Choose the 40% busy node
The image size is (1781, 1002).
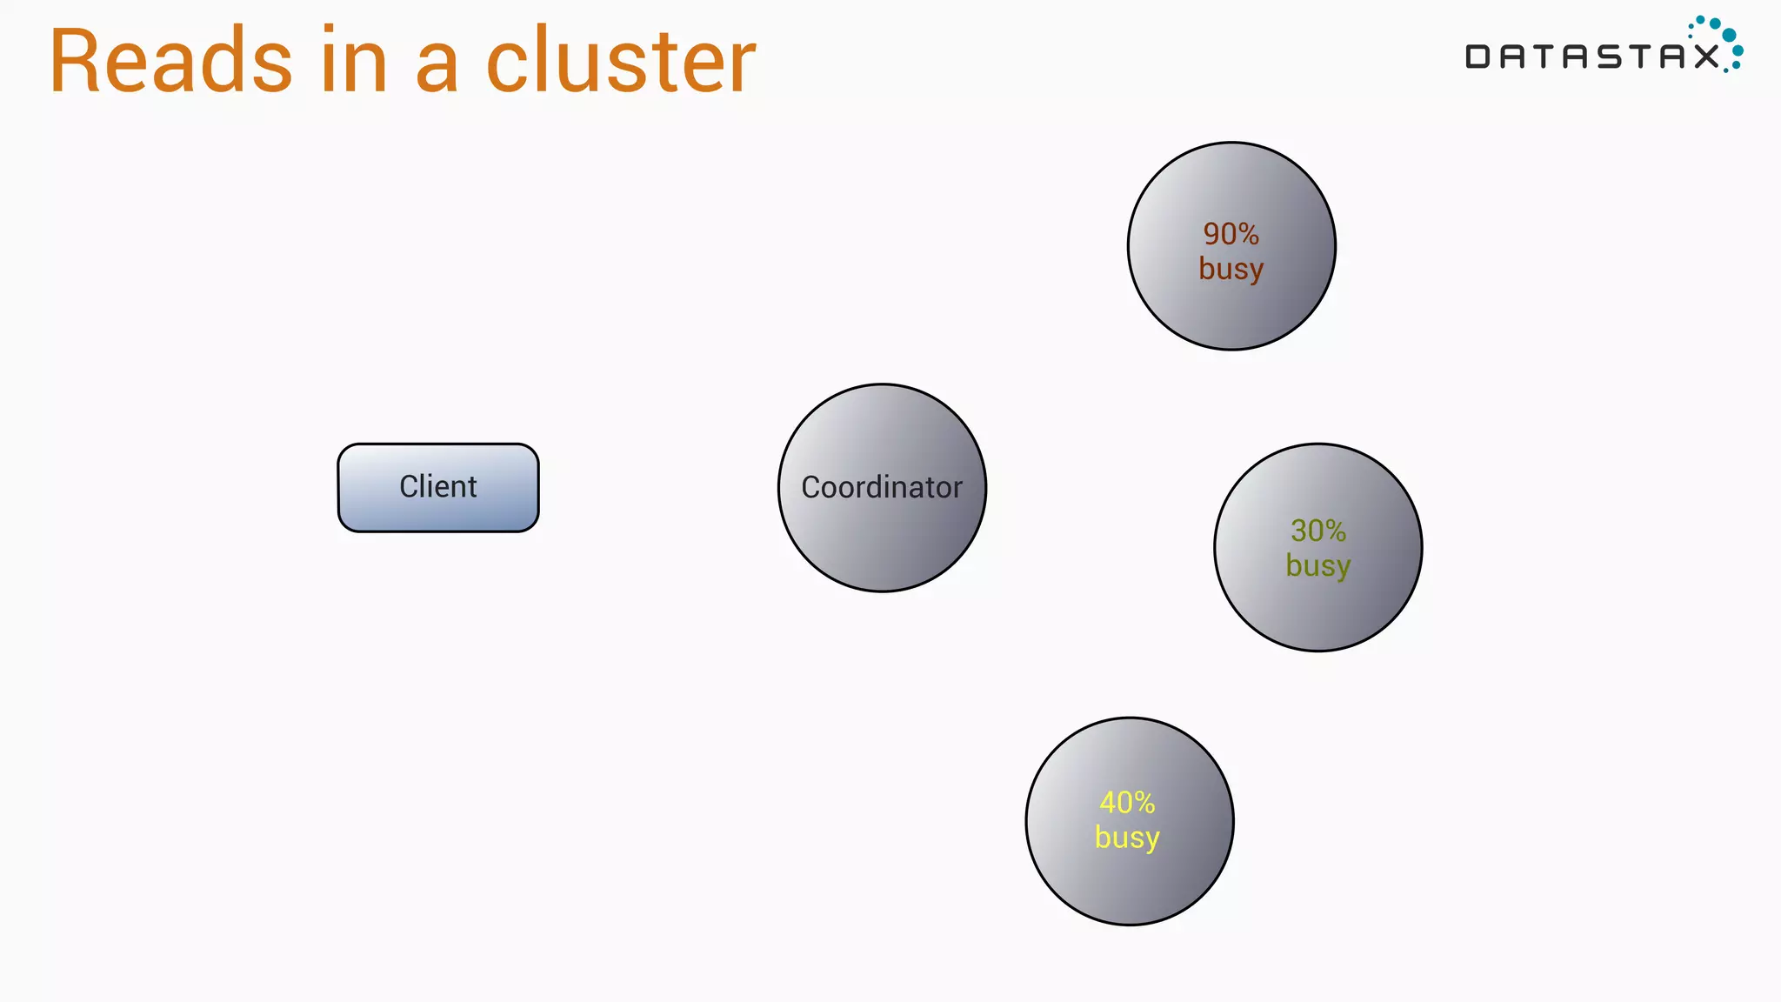1129,878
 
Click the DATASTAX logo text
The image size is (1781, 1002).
1591,57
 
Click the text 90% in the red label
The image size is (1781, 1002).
1231,234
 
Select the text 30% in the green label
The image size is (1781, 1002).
1318,531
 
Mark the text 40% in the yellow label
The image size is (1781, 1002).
1128,802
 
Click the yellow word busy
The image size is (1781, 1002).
1127,838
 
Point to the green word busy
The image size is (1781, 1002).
1318,566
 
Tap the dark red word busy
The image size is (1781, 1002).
1231,269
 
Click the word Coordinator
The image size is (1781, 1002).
882,487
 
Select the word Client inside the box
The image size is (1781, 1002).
438,486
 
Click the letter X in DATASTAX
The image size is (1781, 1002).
1705,57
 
